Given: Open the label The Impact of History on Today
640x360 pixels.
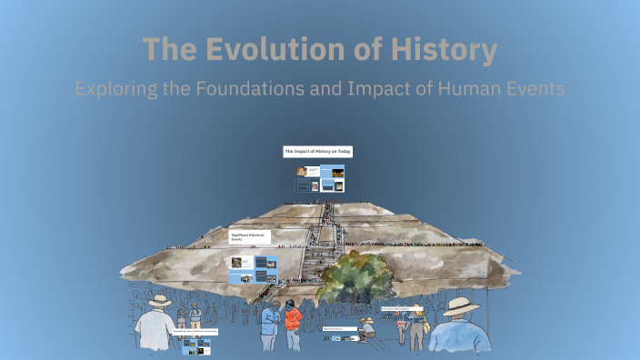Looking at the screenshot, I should click(318, 151).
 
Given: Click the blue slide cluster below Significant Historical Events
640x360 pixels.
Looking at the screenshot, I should click(254, 268).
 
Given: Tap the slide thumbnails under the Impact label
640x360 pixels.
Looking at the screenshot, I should click(320, 177).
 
